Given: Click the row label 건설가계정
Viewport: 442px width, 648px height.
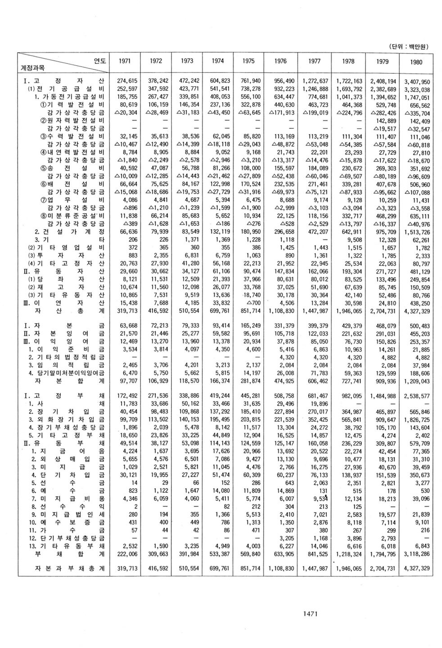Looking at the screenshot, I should pyautogui.click(x=70, y=231).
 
